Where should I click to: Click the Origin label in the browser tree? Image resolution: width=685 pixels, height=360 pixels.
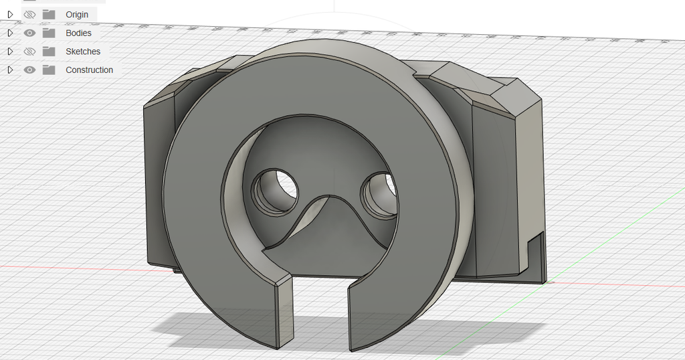[x=76, y=15]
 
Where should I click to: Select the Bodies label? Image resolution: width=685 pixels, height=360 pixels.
[x=78, y=33]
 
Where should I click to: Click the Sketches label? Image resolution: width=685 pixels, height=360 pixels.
[x=82, y=52]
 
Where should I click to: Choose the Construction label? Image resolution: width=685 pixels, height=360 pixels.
[x=89, y=70]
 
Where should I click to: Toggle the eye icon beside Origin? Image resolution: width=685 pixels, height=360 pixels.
[x=29, y=14]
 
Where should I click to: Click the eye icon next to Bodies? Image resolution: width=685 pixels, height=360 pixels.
[x=29, y=33]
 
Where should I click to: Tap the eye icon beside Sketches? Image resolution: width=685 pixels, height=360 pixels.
[x=29, y=52]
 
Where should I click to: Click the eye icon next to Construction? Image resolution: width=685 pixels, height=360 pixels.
[x=29, y=70]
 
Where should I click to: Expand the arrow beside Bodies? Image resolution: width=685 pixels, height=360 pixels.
[x=10, y=33]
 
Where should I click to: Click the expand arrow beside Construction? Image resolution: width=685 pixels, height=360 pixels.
[x=10, y=70]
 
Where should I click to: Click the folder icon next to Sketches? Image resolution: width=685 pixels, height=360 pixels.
[x=49, y=52]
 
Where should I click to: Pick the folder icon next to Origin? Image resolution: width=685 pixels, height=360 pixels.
[x=49, y=14]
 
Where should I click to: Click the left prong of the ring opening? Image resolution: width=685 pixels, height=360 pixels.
[x=283, y=314]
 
